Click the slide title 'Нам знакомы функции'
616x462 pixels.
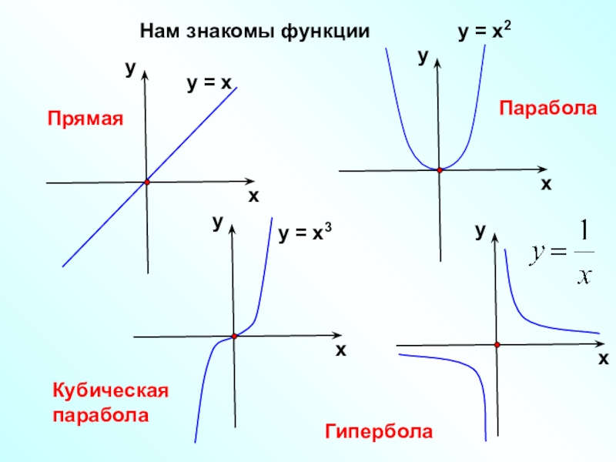(x=255, y=32)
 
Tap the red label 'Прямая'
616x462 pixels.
(x=85, y=119)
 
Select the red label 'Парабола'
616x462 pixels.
(x=548, y=107)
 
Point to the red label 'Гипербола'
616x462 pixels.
(x=378, y=431)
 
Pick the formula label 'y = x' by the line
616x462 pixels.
(x=209, y=83)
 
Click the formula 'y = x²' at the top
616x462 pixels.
(x=485, y=32)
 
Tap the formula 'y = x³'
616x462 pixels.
(x=305, y=232)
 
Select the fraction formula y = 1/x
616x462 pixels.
(x=561, y=253)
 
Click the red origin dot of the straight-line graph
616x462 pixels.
(x=146, y=182)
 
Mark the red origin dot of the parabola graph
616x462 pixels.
(x=440, y=169)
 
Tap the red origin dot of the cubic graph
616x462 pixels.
(x=233, y=336)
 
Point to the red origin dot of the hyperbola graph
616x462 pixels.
(x=497, y=344)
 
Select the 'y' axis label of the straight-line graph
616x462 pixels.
(x=130, y=69)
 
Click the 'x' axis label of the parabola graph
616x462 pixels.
(x=546, y=184)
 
